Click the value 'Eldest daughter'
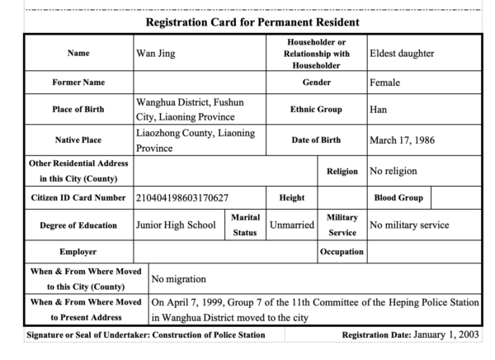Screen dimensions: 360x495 click(x=402, y=54)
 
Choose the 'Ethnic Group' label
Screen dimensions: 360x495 click(x=317, y=109)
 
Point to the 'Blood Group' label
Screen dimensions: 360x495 click(x=399, y=198)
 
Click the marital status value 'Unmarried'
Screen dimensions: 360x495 click(x=294, y=225)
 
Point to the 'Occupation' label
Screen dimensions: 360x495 click(x=342, y=251)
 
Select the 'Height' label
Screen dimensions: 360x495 click(x=292, y=198)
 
